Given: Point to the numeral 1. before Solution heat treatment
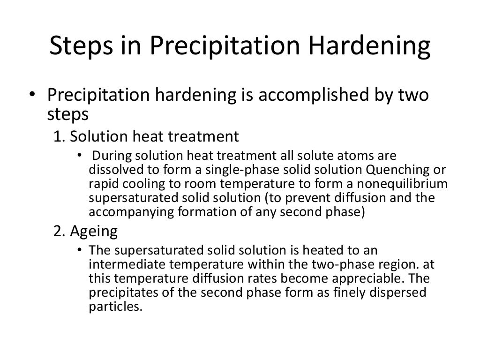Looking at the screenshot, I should click(x=59, y=136).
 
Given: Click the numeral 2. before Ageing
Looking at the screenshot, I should click(x=59, y=231).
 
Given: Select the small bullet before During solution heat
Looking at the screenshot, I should click(x=79, y=156).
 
